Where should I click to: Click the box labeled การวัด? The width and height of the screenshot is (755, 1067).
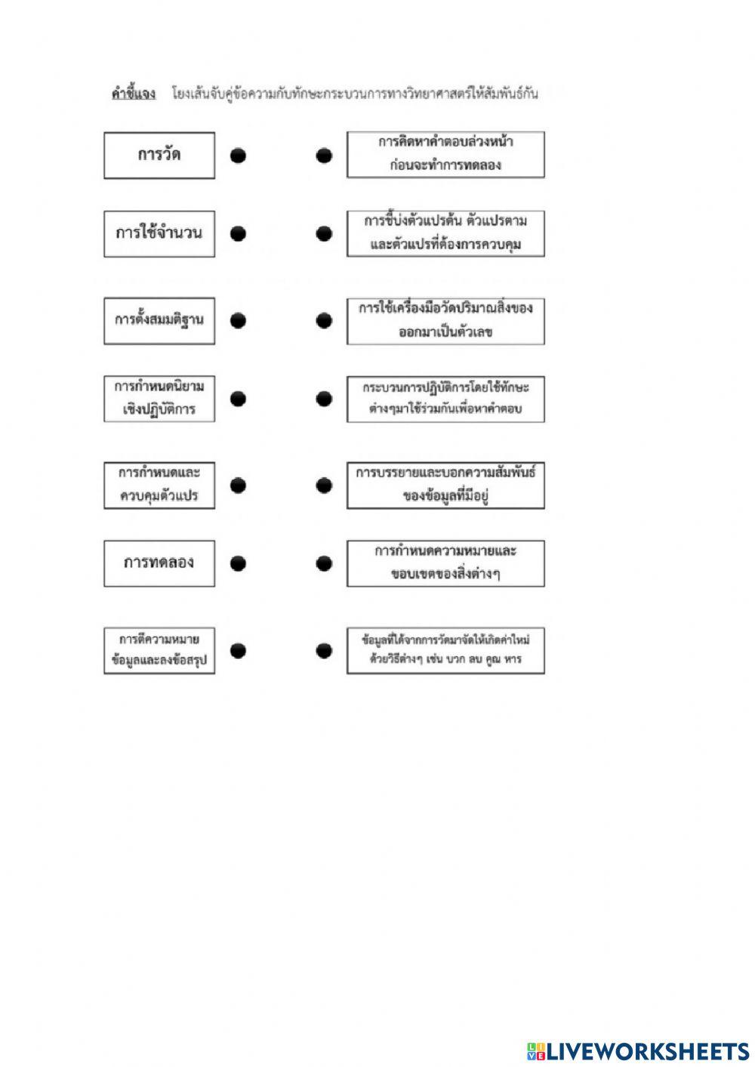159,156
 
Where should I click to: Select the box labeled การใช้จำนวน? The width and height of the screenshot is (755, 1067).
159,234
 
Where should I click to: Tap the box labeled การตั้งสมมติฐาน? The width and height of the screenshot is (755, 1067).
159,321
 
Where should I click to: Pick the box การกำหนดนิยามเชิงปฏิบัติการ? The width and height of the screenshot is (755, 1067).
159,399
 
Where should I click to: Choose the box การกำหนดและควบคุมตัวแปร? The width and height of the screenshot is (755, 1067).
159,485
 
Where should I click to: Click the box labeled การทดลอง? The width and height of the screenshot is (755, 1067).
159,563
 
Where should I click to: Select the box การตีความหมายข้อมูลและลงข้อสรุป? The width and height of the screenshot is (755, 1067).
159,650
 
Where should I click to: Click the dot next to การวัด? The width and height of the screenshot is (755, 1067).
238,156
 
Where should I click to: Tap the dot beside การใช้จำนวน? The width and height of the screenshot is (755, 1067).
238,234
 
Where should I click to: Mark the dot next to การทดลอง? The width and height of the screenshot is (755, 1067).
238,563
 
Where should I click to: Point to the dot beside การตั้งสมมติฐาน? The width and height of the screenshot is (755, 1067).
238,321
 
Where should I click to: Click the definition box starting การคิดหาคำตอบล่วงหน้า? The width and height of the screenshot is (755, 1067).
445,155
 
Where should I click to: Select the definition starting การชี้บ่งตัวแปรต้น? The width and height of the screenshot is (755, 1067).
445,233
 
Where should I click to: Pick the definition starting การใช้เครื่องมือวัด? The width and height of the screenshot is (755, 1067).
445,321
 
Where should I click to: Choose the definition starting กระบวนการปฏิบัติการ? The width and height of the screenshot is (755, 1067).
445,399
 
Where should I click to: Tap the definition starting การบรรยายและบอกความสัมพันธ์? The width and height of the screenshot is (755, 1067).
445,486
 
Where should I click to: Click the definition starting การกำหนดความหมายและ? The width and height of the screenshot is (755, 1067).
445,563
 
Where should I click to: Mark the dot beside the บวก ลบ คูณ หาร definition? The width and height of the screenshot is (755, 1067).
324,650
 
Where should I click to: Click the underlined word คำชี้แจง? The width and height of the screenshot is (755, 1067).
134,94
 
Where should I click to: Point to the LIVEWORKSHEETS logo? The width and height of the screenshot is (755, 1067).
638,1052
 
